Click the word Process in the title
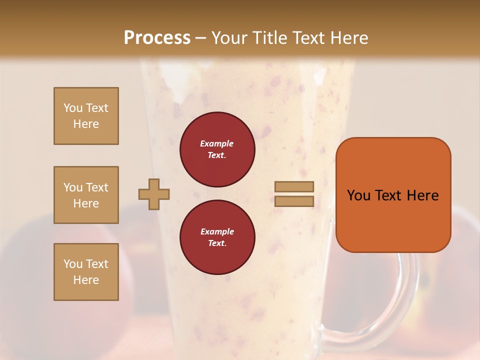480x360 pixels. point(157,38)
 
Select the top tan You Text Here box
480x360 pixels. point(86,116)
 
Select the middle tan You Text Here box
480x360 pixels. point(86,195)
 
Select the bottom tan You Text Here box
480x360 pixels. point(86,272)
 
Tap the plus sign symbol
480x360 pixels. point(154,194)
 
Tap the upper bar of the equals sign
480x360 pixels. point(294,186)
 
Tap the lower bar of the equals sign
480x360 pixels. point(294,201)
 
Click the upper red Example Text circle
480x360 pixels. point(217,149)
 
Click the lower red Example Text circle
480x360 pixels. point(217,237)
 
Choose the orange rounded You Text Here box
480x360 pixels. point(393,195)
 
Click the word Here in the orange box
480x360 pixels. point(422,195)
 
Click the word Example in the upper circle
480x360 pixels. point(217,143)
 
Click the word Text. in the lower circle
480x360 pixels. point(217,243)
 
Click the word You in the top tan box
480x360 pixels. point(72,108)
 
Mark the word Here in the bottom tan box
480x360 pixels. point(86,280)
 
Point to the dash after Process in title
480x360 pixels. point(200,38)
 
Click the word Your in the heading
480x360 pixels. point(229,38)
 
